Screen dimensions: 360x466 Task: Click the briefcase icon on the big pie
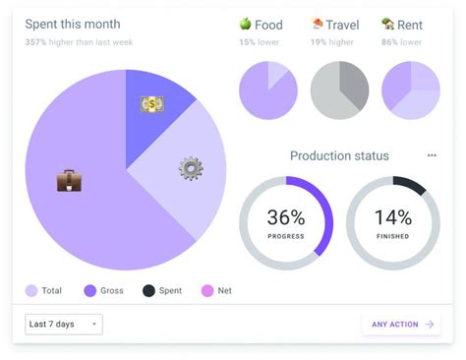coord(69,180)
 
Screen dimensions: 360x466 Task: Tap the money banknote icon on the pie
coord(152,103)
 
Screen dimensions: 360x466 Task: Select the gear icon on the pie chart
coord(191,168)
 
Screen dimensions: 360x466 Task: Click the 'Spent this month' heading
coord(73,24)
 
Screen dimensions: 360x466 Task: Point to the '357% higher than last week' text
coord(79,42)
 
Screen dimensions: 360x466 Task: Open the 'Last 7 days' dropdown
coord(64,324)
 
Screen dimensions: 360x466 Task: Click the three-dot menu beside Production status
coord(432,155)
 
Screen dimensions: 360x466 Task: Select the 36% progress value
coord(286,218)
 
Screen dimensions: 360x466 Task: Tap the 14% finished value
coord(392,218)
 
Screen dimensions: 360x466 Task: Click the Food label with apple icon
coord(261,25)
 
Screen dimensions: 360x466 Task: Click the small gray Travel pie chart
coord(339,90)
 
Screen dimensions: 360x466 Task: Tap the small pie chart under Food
coord(268,90)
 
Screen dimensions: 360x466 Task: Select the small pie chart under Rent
coord(410,90)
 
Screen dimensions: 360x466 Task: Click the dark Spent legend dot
coord(148,290)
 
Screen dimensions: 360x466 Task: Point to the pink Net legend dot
coord(206,290)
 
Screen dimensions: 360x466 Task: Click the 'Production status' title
coord(339,155)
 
